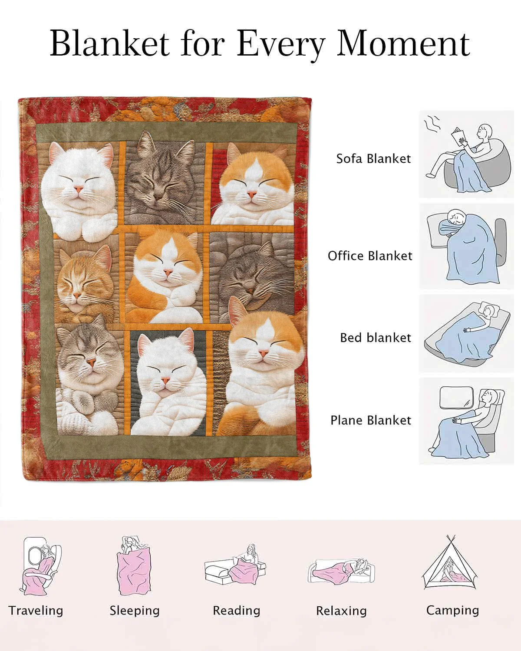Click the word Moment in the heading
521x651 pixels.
(403, 43)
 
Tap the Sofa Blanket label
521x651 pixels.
(373, 159)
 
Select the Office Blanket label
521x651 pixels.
(370, 256)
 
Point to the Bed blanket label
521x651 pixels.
(376, 338)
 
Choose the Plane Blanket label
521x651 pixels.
(371, 420)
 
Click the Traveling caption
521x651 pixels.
(36, 611)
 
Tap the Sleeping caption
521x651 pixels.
(135, 611)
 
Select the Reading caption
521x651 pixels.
(237, 611)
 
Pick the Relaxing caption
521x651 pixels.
(342, 611)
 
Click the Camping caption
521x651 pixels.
(452, 610)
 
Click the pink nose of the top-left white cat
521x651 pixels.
(79, 189)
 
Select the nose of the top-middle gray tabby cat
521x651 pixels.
(158, 197)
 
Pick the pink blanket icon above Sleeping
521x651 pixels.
(133, 568)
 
